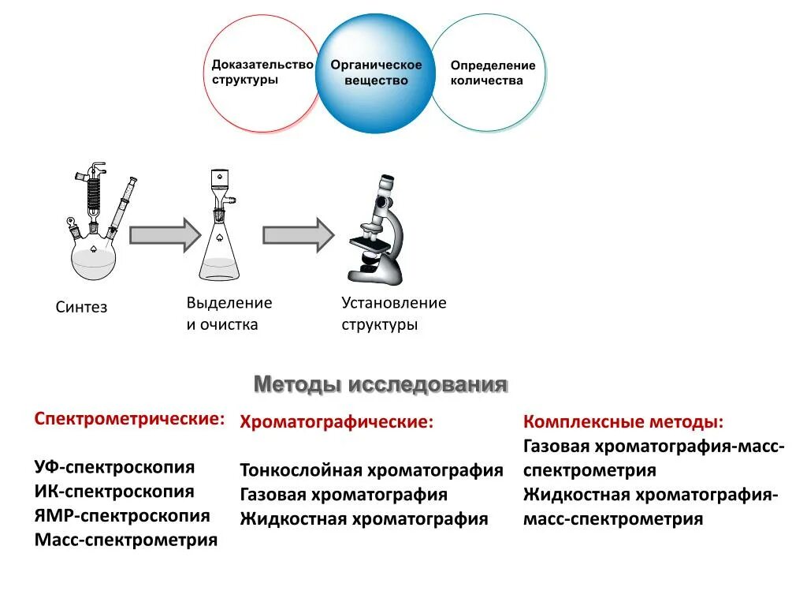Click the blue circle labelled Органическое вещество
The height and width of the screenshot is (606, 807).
point(375,73)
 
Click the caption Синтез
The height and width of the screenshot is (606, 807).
point(81,307)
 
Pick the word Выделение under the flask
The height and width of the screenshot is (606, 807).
point(229,303)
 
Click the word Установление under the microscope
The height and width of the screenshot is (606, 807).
point(394,303)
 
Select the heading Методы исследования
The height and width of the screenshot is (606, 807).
point(381,385)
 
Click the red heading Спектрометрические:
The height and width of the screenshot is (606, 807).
point(129,418)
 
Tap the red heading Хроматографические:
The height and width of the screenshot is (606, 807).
point(337,422)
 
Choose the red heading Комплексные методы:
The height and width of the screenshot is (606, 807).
point(624,422)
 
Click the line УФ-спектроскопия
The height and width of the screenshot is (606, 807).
point(114,466)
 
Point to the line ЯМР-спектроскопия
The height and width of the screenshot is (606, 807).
point(122,516)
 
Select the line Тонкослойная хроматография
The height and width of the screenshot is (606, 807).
point(371,471)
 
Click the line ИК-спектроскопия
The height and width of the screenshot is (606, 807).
point(114,492)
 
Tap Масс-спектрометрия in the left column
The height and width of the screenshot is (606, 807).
point(126,541)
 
